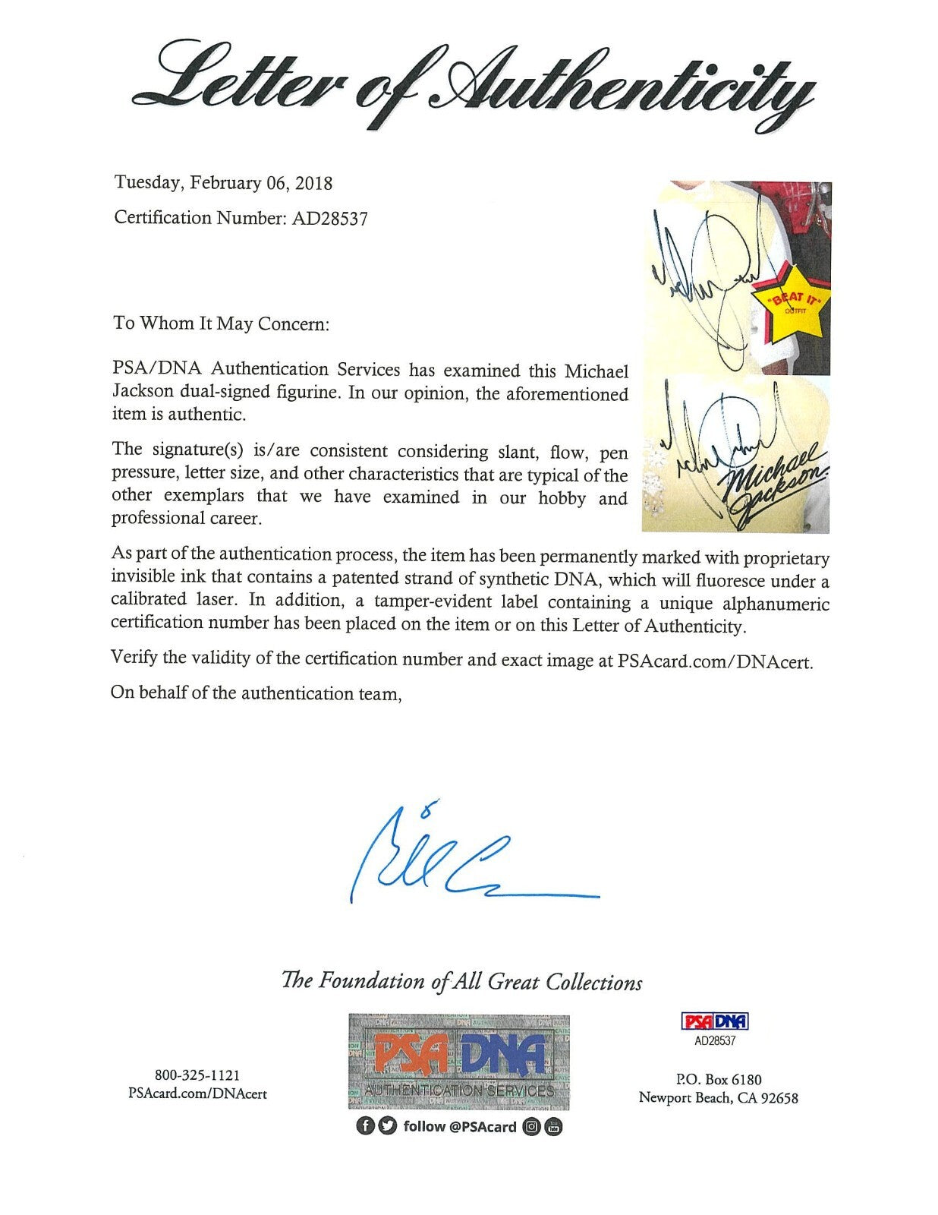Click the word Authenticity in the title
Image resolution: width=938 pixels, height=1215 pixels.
tap(622, 91)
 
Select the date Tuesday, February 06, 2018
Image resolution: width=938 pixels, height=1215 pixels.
tap(223, 183)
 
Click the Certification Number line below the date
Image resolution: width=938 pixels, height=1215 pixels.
tap(241, 218)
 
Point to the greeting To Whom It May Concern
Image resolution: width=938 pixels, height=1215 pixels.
tap(221, 323)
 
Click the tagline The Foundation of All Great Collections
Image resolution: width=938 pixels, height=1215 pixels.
tap(461, 981)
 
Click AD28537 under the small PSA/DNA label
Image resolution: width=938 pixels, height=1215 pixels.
tap(715, 1041)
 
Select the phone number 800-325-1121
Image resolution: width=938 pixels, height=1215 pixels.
tap(197, 1075)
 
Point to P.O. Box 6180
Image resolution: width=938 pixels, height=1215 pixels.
tap(717, 1079)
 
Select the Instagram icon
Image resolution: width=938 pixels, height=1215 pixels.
tap(532, 1127)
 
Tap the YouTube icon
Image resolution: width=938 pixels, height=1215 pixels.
tap(553, 1127)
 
